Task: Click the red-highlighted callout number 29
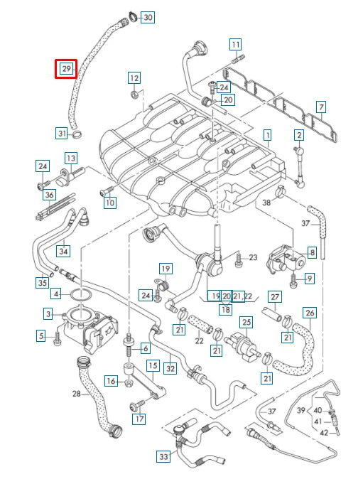point(66,69)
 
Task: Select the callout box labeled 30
point(147,16)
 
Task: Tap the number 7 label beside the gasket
point(321,107)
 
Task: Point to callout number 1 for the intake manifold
point(267,134)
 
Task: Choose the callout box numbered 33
point(164,456)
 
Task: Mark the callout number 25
point(246,323)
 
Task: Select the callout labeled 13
point(71,158)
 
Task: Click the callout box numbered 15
point(152,365)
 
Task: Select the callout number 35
point(42,282)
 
